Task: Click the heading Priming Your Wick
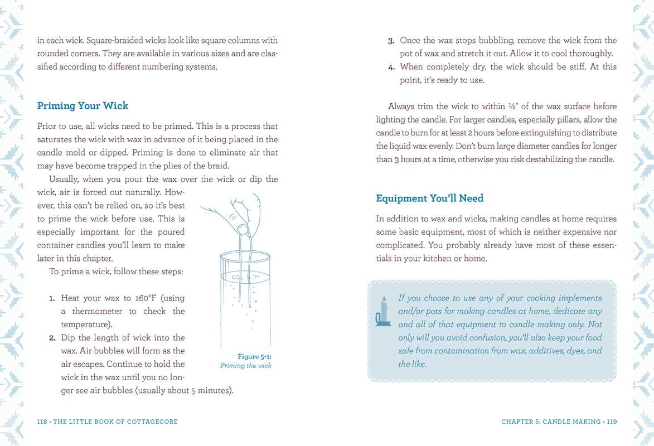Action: click(x=83, y=106)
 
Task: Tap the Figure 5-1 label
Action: click(x=254, y=357)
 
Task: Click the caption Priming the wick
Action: click(x=245, y=366)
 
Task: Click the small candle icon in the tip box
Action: click(x=383, y=312)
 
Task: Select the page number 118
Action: click(x=42, y=422)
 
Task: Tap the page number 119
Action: click(x=612, y=422)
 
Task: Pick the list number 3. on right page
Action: click(x=391, y=41)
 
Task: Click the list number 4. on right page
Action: click(x=391, y=67)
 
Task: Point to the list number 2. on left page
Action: click(x=52, y=338)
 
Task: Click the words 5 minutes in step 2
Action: click(x=210, y=390)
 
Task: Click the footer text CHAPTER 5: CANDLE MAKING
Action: click(x=551, y=422)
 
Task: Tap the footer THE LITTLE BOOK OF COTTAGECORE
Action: click(x=115, y=422)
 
